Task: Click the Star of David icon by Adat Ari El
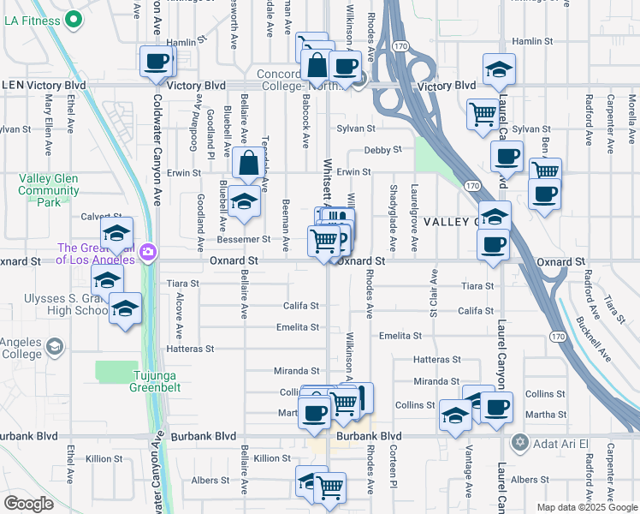(x=518, y=443)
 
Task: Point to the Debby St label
(x=382, y=150)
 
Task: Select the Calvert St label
(x=98, y=217)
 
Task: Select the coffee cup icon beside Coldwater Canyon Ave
(x=157, y=62)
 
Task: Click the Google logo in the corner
(x=28, y=504)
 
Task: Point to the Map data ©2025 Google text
(x=586, y=507)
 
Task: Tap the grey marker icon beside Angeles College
(x=55, y=346)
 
